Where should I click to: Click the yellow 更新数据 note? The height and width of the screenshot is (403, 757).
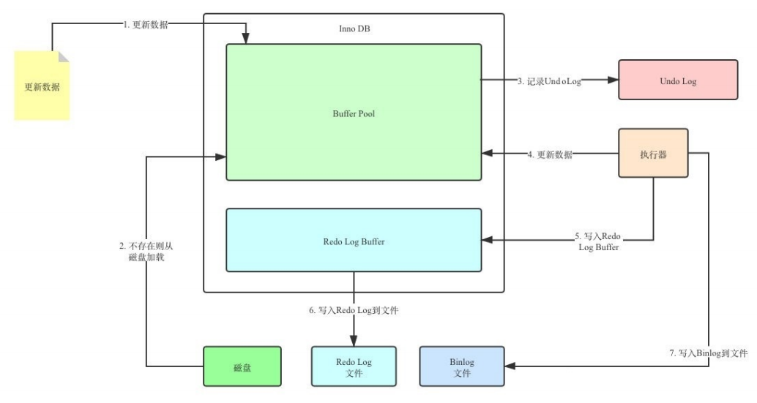click(x=42, y=86)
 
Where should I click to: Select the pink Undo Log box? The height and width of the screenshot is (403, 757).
click(x=678, y=80)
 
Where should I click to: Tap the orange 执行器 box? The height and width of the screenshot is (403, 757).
click(x=653, y=154)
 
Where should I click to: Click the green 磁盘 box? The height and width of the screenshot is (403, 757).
click(x=242, y=366)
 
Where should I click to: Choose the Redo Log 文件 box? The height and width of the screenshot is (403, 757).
click(x=354, y=366)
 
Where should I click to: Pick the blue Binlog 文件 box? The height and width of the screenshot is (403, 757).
click(x=462, y=366)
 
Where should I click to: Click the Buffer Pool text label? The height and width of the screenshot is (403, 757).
click(x=354, y=114)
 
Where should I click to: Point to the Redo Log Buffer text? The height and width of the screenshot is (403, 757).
click(x=354, y=241)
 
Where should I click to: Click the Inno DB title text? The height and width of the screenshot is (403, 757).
click(x=354, y=29)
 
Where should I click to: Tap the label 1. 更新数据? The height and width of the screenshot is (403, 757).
click(x=145, y=25)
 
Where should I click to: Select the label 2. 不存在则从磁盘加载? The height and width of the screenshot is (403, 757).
click(x=146, y=251)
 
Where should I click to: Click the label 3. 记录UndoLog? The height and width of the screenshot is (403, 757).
click(x=549, y=81)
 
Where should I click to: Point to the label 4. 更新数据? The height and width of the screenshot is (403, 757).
click(x=550, y=154)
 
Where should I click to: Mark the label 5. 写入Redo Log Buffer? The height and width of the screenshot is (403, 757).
click(x=598, y=241)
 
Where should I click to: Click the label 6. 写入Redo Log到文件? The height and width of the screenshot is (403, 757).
click(x=354, y=310)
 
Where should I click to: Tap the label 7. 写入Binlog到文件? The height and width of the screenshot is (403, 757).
click(x=708, y=353)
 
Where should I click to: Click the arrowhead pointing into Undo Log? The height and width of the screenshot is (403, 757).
click(x=613, y=80)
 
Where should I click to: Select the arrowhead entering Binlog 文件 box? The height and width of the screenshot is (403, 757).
click(x=510, y=366)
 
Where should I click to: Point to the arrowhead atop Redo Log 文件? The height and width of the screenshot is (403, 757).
click(x=354, y=341)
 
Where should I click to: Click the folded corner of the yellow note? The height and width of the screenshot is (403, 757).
click(x=64, y=56)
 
